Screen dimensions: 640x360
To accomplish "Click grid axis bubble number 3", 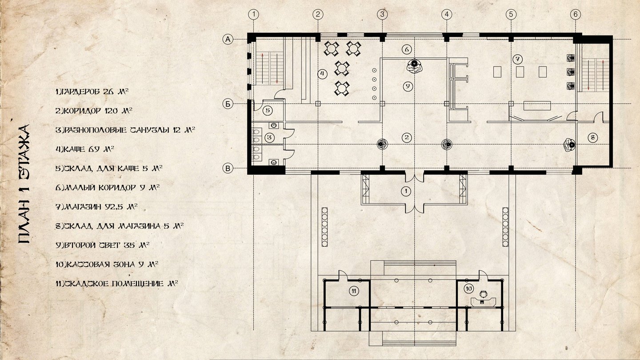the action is [382, 14].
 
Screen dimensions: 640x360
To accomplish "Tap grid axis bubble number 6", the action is [576, 14].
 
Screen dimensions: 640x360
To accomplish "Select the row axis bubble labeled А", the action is [228, 40].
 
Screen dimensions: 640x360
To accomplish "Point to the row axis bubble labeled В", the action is [228, 168].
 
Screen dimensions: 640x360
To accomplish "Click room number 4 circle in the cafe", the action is [322, 74].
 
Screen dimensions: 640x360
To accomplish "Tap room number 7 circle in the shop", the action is [517, 59].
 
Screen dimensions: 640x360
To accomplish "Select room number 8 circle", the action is [592, 138].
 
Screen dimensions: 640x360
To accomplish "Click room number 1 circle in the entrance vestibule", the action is [406, 191].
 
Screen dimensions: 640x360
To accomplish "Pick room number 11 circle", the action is [354, 291].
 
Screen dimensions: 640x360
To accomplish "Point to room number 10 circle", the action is [469, 288].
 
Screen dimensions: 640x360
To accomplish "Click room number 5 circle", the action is [268, 110].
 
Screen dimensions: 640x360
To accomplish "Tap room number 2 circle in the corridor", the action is [407, 137].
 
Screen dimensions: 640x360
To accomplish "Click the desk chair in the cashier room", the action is [483, 294].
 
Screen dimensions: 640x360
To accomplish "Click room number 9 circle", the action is [408, 86].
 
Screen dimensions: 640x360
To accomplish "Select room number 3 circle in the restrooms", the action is [269, 137].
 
